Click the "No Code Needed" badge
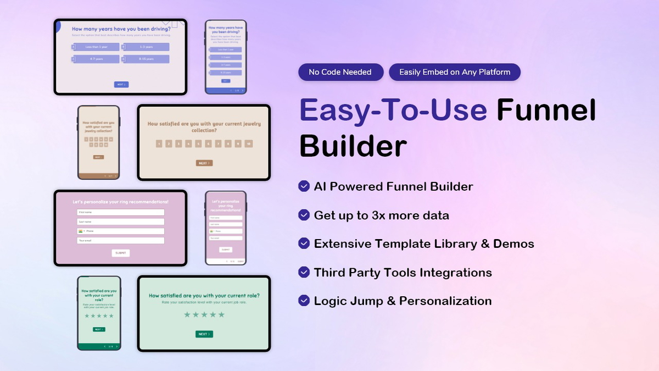pos(340,72)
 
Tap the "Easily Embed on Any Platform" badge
pos(454,72)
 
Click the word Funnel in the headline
pos(546,110)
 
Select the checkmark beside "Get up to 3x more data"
pos(304,215)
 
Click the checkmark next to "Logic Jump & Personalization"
pos(304,301)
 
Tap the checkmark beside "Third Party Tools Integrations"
pos(304,272)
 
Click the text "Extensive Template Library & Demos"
pos(424,243)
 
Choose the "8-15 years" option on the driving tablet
pos(147,59)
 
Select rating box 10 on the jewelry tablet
pos(248,144)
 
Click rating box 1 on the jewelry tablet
pos(159,144)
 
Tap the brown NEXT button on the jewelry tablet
pos(204,163)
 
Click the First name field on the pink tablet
pos(121,212)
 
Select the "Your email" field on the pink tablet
pos(121,241)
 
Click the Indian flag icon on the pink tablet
pos(81,231)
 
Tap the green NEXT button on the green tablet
pos(204,334)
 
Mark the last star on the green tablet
pos(222,314)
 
